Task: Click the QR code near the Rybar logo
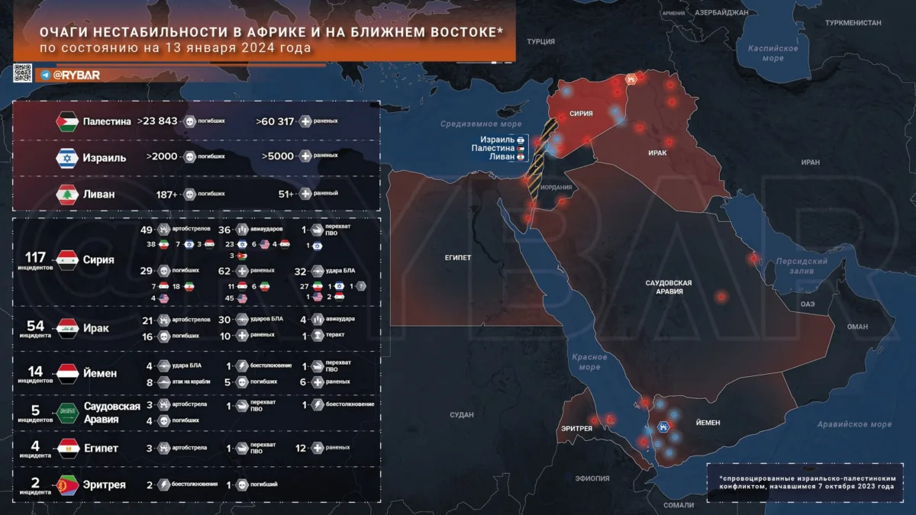pos(22,73)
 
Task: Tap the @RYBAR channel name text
pos(76,75)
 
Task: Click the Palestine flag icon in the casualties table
pos(67,121)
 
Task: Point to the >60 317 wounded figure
pos(275,121)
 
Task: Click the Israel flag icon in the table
pos(67,157)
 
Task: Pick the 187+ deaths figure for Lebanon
pos(165,194)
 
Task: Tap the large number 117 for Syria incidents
pos(36,256)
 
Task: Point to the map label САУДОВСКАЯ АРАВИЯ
pos(668,287)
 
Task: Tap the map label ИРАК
pos(657,153)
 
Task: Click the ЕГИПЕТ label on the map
pos(458,257)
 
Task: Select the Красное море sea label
pos(589,362)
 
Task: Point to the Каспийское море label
pos(772,53)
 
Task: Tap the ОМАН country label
pos(857,326)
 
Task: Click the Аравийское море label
pos(853,424)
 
